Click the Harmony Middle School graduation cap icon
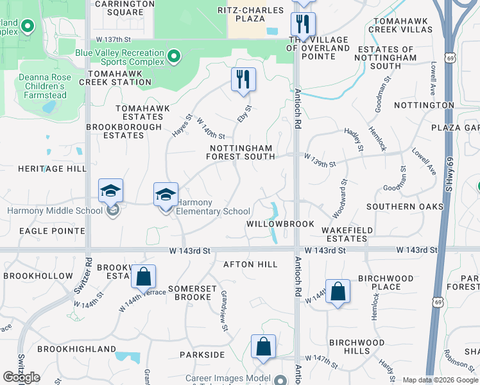[110, 191]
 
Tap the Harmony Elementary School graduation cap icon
[166, 194]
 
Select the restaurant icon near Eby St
[243, 80]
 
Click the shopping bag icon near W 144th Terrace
[144, 277]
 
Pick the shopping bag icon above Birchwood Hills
[338, 291]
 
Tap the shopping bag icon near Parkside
[263, 346]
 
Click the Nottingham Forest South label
[241, 152]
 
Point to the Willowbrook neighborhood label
[280, 224]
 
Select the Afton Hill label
[250, 264]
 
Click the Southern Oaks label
[404, 207]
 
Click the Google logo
[21, 377]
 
